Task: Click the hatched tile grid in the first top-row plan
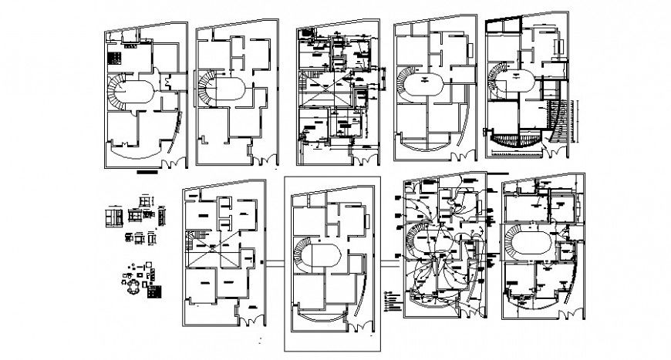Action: click(x=115, y=57)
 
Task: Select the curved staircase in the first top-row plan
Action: click(x=117, y=93)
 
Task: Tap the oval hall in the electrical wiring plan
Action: click(x=439, y=246)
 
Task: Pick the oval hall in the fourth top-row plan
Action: click(x=423, y=81)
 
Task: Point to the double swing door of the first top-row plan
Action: click(x=177, y=161)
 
